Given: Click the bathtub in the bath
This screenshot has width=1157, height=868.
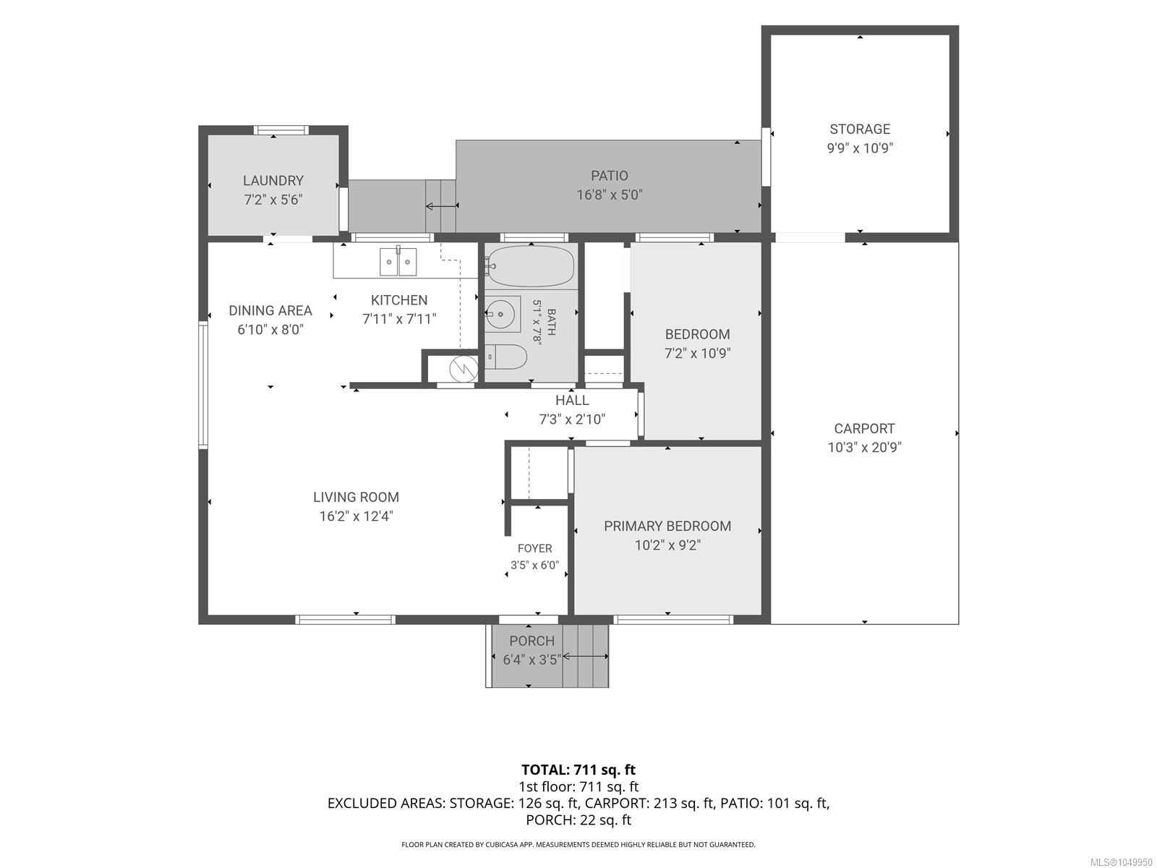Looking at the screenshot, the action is pyautogui.click(x=530, y=266).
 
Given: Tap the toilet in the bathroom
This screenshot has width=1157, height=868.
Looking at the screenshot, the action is pyautogui.click(x=506, y=357).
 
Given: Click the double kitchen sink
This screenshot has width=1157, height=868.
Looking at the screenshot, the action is pyautogui.click(x=398, y=262).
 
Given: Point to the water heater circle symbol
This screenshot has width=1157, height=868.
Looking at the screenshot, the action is pyautogui.click(x=464, y=368).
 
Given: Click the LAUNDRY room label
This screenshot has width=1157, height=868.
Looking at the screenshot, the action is pyautogui.click(x=273, y=181).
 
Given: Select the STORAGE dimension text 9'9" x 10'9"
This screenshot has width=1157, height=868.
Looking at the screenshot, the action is pyautogui.click(x=860, y=148).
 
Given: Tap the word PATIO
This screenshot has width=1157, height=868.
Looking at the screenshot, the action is pyautogui.click(x=610, y=176).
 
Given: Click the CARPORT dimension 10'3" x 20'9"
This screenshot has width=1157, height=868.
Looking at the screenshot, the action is pyautogui.click(x=864, y=448).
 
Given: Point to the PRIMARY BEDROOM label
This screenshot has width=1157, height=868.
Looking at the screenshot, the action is pyautogui.click(x=667, y=526).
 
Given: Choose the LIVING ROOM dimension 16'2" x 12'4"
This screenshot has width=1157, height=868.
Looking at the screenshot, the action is pyautogui.click(x=357, y=516).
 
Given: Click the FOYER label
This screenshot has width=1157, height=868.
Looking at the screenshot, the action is pyautogui.click(x=534, y=548).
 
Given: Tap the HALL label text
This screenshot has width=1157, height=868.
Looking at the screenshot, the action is pyautogui.click(x=572, y=401).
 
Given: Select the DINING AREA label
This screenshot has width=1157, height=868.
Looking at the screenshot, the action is pyautogui.click(x=270, y=310).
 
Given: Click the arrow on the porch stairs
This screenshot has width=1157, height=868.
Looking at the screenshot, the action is pyautogui.click(x=586, y=656).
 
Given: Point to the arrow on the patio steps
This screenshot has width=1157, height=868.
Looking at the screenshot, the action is pyautogui.click(x=442, y=205).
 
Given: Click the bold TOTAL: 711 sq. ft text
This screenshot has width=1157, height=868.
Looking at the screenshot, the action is pyautogui.click(x=578, y=770).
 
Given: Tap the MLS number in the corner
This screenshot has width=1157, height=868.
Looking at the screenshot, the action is pyautogui.click(x=1120, y=862).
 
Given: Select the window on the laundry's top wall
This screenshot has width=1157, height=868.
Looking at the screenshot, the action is pyautogui.click(x=281, y=130).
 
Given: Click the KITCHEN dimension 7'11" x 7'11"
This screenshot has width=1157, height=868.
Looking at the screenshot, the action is pyautogui.click(x=400, y=319).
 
